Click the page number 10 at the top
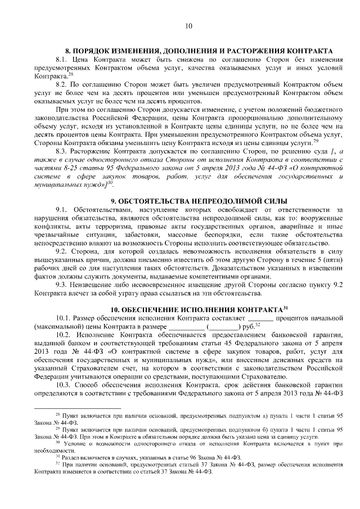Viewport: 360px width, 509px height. tap(188, 25)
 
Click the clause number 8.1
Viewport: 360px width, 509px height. tap(62, 60)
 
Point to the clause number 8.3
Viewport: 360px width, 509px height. tap(62, 152)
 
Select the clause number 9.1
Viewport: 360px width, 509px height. tap(62, 210)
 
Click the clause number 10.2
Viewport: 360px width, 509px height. tap(64, 335)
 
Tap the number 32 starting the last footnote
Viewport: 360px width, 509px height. tap(57, 464)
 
